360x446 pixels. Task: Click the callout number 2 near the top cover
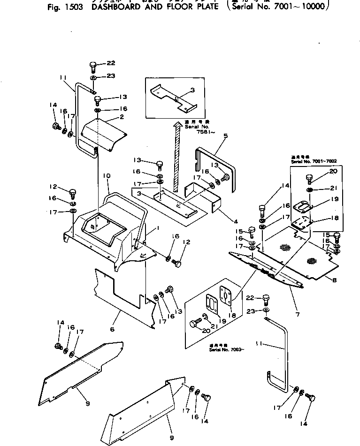122,117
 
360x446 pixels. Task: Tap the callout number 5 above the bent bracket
225,136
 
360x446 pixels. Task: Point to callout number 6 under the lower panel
112,329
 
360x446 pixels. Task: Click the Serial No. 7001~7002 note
314,161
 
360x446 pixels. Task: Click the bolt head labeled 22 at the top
92,65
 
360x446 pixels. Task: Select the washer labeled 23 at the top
93,77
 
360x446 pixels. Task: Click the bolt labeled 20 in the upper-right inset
309,177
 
